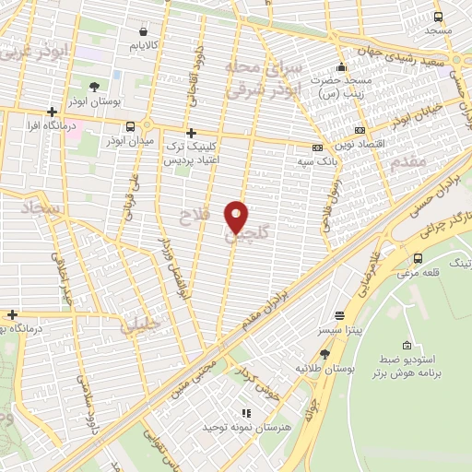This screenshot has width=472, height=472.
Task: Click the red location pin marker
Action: (237, 217)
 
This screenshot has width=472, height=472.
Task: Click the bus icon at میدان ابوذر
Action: (130, 126)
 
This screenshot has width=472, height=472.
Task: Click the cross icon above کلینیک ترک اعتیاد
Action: (192, 133)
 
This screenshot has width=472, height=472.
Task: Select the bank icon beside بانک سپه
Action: (318, 147)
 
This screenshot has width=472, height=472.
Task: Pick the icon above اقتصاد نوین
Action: (359, 131)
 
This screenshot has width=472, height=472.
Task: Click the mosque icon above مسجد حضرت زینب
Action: (342, 66)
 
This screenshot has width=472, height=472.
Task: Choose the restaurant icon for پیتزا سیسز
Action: (339, 314)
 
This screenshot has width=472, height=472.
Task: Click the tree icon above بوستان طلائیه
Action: (324, 353)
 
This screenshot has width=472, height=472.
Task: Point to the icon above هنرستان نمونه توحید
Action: (245, 414)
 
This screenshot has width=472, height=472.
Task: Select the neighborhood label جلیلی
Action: (140, 324)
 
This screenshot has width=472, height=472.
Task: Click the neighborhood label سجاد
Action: (43, 211)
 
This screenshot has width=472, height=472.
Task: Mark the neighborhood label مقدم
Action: (410, 162)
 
